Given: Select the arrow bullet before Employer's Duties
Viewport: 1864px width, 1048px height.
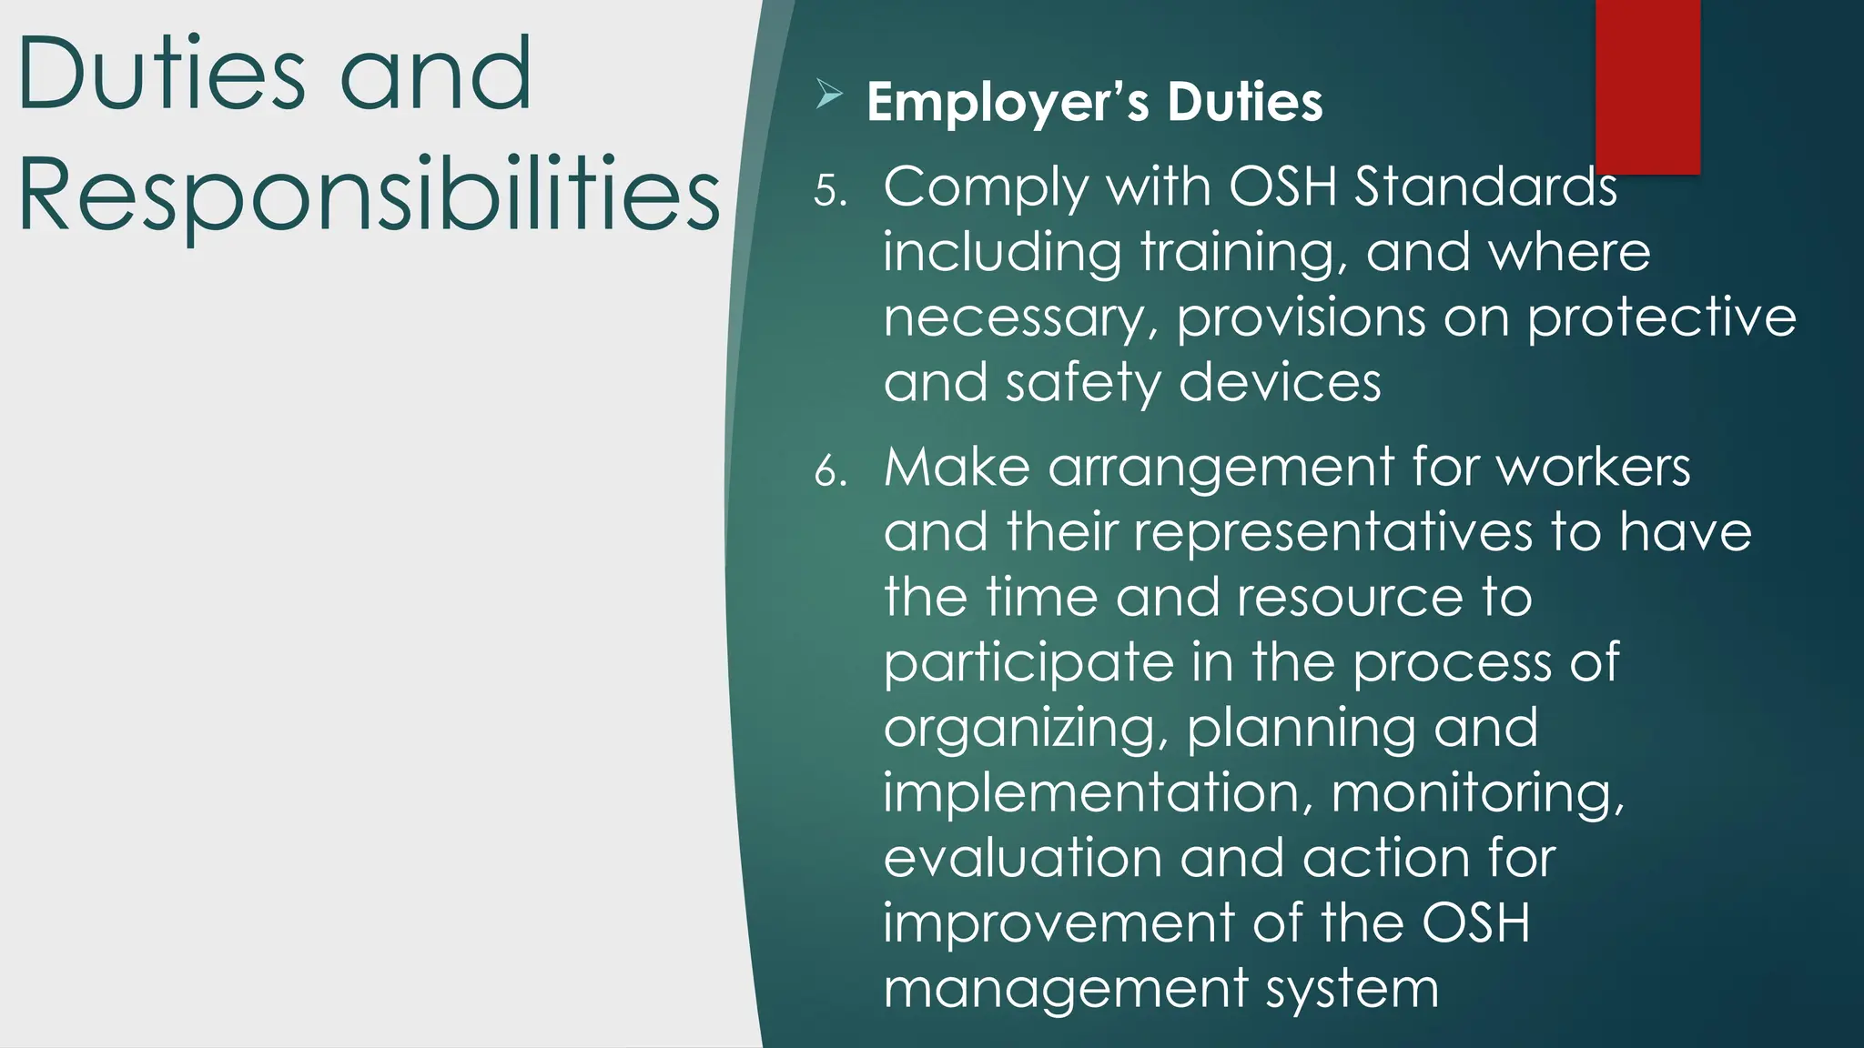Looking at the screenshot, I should (x=828, y=94).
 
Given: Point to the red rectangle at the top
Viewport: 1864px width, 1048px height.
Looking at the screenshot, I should (x=1647, y=86).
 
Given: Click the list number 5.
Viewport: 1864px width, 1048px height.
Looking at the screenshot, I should (x=829, y=191).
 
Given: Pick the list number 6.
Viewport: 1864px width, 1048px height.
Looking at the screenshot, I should (x=829, y=471).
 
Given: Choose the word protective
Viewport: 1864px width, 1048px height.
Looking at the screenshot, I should (x=1661, y=318).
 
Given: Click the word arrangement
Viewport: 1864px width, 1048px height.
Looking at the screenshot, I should (x=1221, y=469).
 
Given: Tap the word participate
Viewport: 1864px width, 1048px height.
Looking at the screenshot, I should (x=1028, y=663).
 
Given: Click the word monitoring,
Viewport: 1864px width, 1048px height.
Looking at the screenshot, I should (x=1477, y=793).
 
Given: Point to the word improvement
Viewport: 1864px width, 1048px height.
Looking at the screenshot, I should (x=1058, y=923).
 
